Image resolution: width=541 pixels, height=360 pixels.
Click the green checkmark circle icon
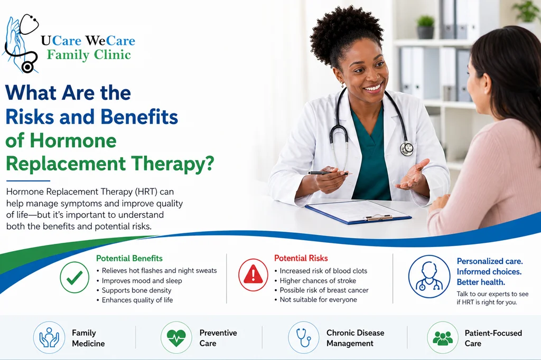pyautogui.click(x=74, y=277)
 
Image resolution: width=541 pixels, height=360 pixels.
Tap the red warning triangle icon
pyautogui.click(x=253, y=275)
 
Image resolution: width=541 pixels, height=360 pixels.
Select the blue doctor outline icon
pyautogui.click(x=429, y=276)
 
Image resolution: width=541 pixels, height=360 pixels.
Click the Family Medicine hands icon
pyautogui.click(x=49, y=337)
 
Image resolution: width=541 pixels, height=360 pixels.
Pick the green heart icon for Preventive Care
pyautogui.click(x=176, y=337)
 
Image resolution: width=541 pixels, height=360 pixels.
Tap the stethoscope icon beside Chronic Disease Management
pyautogui.click(x=304, y=337)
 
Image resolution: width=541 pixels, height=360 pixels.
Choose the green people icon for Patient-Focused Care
pyautogui.click(x=443, y=337)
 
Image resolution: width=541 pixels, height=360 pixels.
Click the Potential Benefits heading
pyautogui.click(x=129, y=258)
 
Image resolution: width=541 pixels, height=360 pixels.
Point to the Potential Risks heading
pyautogui.click(x=301, y=258)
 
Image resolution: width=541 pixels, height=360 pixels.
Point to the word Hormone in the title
pyautogui.click(x=73, y=140)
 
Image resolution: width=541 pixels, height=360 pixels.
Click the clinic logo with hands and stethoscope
pyautogui.click(x=21, y=43)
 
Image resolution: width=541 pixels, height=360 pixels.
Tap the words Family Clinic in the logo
pyautogui.click(x=89, y=55)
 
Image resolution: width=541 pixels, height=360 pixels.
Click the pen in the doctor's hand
pyautogui.click(x=328, y=173)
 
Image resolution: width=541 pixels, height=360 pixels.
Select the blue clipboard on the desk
pyautogui.click(x=358, y=211)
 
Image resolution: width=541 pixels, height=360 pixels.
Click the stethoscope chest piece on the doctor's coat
pyautogui.click(x=406, y=148)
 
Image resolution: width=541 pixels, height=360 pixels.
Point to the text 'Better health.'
pyautogui.click(x=481, y=282)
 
